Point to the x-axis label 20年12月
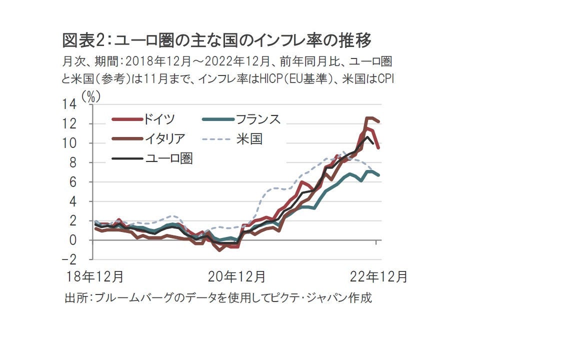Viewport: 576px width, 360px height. [237, 276]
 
